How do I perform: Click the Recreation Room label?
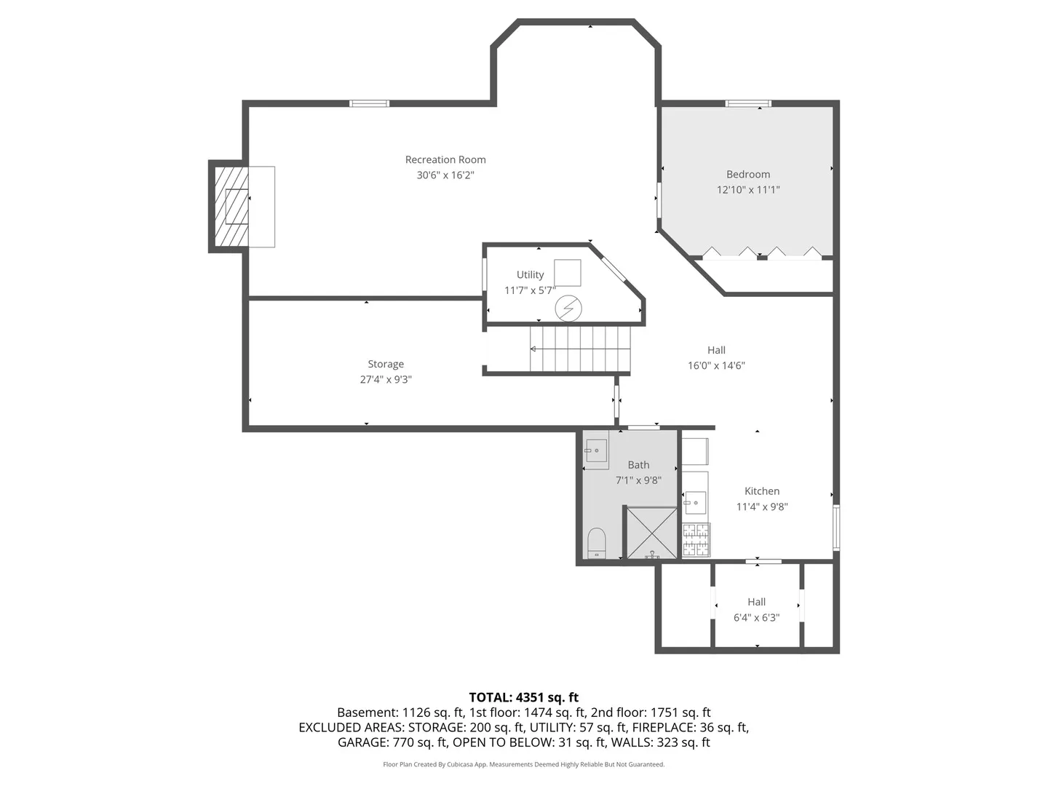[x=445, y=159]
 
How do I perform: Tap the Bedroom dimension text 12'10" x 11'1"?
[x=747, y=189]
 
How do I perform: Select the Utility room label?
[x=530, y=275]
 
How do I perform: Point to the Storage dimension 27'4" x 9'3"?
[x=386, y=379]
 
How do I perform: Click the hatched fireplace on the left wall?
[x=231, y=206]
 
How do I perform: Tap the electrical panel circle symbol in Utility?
[x=568, y=309]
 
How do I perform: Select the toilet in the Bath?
[x=596, y=543]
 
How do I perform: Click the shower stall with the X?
[x=651, y=533]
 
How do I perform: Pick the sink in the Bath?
[x=596, y=450]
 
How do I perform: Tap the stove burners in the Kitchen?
[x=696, y=540]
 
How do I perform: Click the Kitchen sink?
[x=695, y=502]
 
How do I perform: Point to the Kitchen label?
[x=762, y=491]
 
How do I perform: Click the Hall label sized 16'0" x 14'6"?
[x=716, y=350]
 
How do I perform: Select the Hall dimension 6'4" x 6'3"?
[x=756, y=618]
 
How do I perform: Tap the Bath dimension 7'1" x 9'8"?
[x=638, y=480]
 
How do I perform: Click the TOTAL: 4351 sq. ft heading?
[x=524, y=697]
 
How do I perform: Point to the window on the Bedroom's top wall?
[x=748, y=103]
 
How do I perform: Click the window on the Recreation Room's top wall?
[x=369, y=103]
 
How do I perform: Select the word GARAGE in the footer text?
[x=363, y=742]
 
